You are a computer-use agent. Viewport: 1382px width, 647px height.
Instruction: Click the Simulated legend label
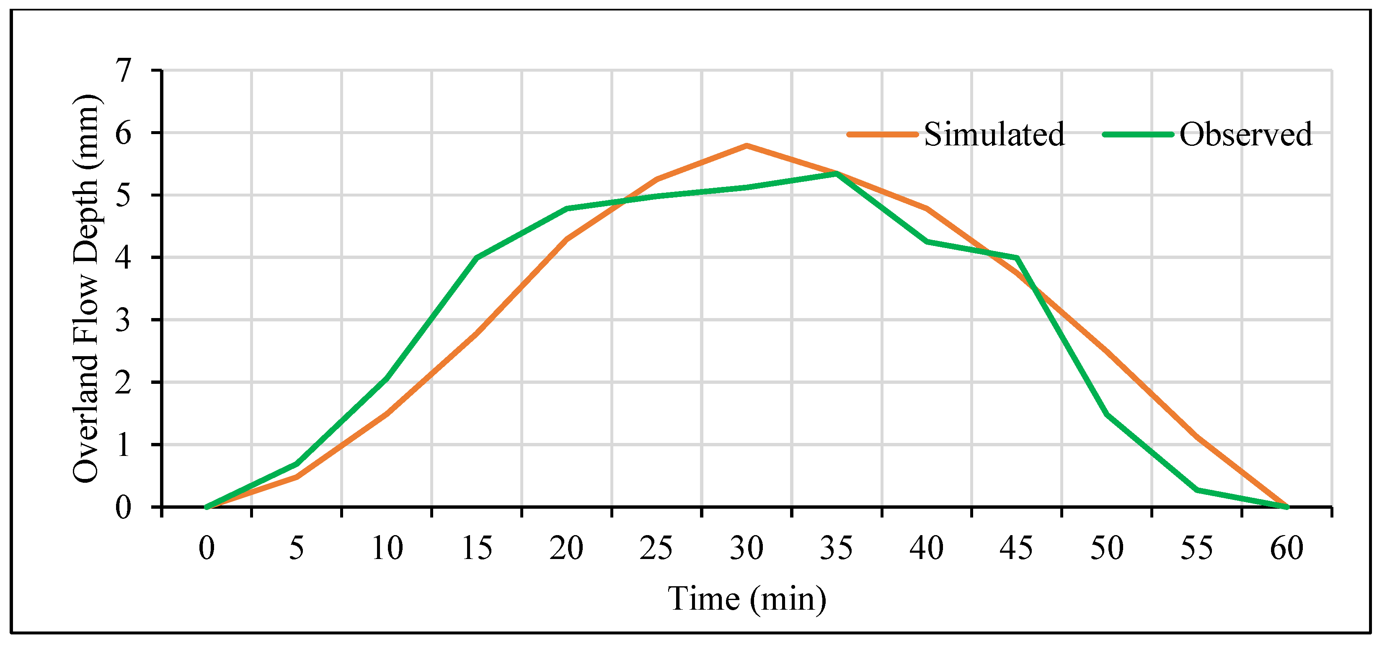994,134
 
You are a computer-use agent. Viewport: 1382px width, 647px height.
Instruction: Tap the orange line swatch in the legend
883,134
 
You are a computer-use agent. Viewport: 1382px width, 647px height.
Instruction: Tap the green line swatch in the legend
1138,134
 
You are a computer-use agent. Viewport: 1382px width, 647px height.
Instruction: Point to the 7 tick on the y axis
124,71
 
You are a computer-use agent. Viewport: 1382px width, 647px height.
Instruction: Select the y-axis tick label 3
124,320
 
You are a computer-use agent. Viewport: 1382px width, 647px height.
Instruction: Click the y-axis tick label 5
124,195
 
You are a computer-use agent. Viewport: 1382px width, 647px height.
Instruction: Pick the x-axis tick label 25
656,548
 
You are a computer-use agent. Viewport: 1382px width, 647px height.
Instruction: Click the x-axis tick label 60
1286,548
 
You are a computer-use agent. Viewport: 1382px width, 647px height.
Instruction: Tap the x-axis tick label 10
386,548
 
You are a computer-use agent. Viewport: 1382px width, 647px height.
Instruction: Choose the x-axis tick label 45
1016,548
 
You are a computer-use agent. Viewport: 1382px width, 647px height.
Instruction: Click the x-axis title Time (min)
747,599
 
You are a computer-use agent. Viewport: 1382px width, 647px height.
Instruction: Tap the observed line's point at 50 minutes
1107,414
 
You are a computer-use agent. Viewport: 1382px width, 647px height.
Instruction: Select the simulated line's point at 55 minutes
1197,437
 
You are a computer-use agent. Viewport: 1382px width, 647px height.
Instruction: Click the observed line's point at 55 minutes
1197,490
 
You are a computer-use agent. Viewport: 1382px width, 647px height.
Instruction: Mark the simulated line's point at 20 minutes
566,239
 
